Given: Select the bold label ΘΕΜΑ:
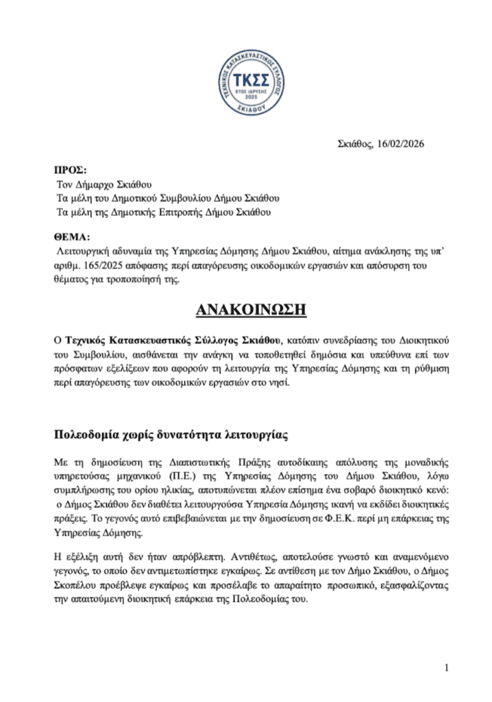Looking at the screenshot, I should [72, 237].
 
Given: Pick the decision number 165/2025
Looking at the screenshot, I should [101, 265].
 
